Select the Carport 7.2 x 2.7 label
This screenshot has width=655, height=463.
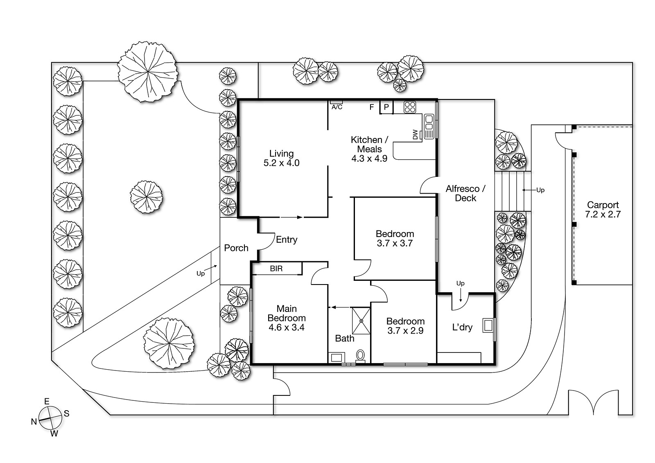coord(603,210)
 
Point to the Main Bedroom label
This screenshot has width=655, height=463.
coord(287,314)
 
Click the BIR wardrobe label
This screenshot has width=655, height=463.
coord(276,269)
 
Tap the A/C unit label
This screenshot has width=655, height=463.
coord(337,107)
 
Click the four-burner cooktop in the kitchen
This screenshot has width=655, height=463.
coord(409,107)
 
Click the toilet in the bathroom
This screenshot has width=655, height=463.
coord(360,355)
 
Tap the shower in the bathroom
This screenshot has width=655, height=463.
coord(361,321)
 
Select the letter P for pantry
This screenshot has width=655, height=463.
coord(386,107)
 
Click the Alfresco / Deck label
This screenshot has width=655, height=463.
coord(465,193)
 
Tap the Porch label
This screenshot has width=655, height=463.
coord(236,248)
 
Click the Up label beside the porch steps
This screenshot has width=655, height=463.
coord(200,273)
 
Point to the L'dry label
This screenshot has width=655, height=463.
coord(462,327)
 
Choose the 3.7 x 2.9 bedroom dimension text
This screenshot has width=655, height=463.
coord(405,331)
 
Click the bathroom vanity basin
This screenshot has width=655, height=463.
coord(336,358)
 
